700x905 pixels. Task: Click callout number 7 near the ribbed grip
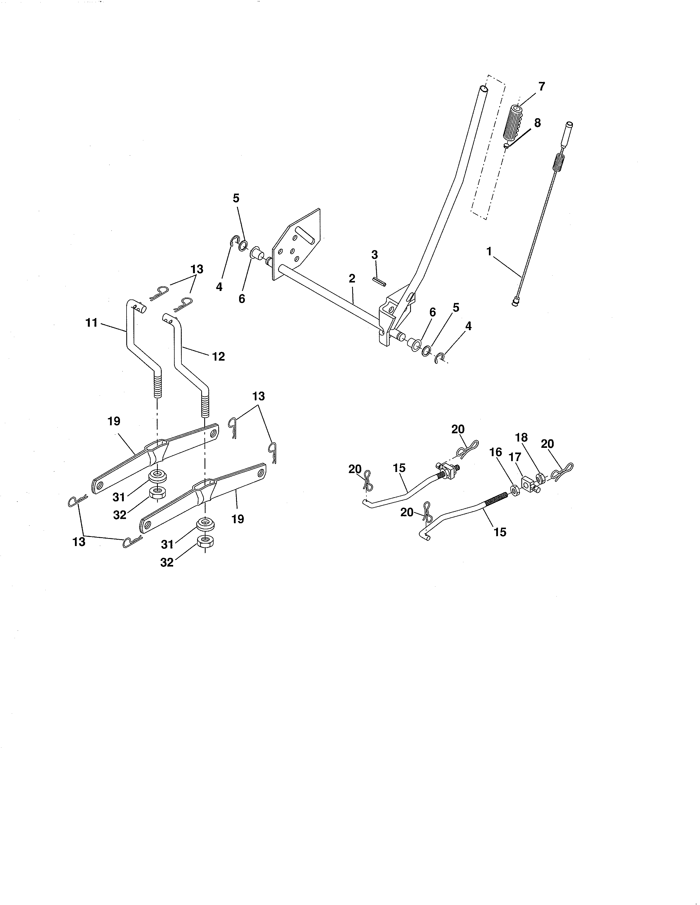point(541,87)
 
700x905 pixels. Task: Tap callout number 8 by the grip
point(537,123)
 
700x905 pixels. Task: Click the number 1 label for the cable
point(489,251)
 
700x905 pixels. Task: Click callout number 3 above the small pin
point(374,255)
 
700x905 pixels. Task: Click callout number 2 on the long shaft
point(352,278)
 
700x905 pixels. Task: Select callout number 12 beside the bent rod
point(219,356)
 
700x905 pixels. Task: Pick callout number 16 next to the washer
point(496,452)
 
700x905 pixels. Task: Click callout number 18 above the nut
point(521,438)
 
